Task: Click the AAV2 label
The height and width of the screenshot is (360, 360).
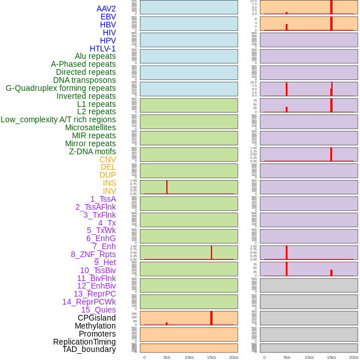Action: click(x=106, y=9)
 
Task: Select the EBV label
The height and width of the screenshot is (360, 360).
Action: click(x=108, y=17)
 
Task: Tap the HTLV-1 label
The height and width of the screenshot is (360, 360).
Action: click(x=103, y=49)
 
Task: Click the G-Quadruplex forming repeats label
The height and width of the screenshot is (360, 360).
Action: click(x=61, y=88)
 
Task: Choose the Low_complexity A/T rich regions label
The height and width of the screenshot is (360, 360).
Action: click(x=58, y=119)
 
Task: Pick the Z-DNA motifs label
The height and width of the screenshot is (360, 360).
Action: click(x=93, y=151)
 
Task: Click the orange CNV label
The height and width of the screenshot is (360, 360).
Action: click(x=107, y=159)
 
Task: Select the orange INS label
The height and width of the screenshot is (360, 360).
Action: click(x=109, y=183)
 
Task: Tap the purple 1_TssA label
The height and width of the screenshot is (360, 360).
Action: click(x=103, y=199)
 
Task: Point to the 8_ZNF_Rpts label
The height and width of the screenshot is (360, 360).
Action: click(x=93, y=254)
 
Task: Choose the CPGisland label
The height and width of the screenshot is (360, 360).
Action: click(x=97, y=318)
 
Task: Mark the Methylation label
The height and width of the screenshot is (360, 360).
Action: click(x=95, y=326)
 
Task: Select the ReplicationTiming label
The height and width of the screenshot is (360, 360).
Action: click(x=85, y=342)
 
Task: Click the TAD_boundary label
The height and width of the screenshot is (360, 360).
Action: click(x=89, y=349)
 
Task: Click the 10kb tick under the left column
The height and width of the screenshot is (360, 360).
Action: click(x=189, y=357)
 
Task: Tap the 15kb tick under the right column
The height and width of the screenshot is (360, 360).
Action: click(x=331, y=357)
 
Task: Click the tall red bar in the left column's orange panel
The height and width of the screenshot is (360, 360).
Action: click(x=211, y=318)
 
